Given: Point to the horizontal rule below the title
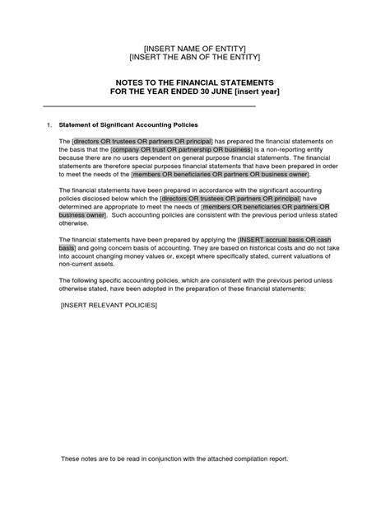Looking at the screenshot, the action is point(149,107).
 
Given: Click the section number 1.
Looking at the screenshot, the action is point(49,124).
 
